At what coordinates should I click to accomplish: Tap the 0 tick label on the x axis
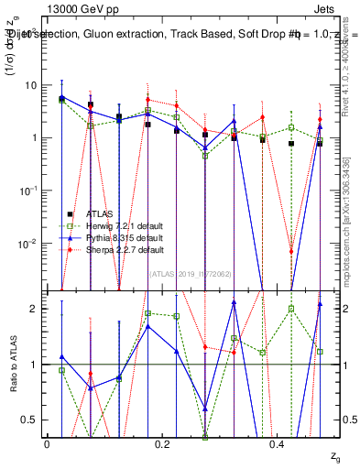click(47, 443)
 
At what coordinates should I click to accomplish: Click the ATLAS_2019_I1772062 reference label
click(191, 274)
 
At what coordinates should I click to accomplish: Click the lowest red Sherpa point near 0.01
click(290, 251)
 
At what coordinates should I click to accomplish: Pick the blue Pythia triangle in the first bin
click(61, 96)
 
